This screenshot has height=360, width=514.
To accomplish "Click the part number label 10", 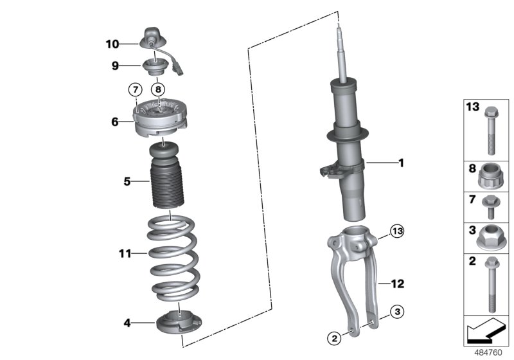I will [x=112, y=44].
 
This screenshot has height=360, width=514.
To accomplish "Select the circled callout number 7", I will [x=134, y=89].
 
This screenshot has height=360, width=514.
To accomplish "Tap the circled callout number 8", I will [x=157, y=89].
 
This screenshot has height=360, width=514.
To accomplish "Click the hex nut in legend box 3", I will [x=489, y=238].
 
